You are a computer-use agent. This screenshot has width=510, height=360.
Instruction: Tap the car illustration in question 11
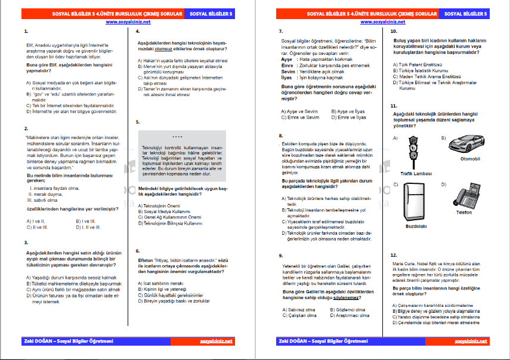[465, 143]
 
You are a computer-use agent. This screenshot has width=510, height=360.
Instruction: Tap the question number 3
[26, 242]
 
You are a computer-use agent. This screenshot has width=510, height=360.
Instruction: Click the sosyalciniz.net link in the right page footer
[471, 341]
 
